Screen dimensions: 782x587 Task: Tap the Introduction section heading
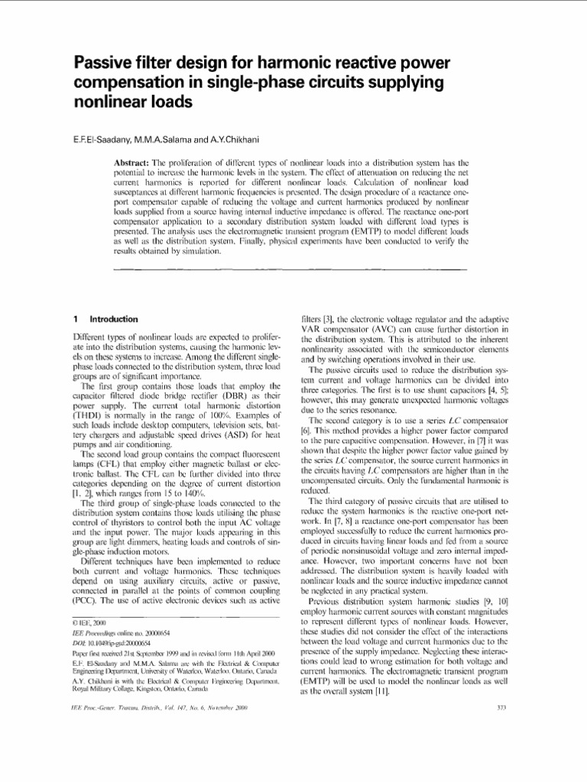point(114,318)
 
